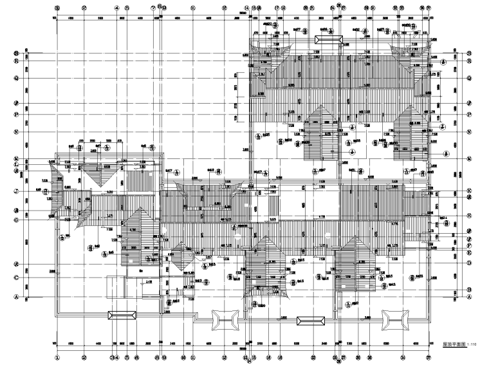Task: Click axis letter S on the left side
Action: click(x=16, y=53)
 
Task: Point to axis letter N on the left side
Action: click(x=16, y=131)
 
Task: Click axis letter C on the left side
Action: click(x=16, y=278)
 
